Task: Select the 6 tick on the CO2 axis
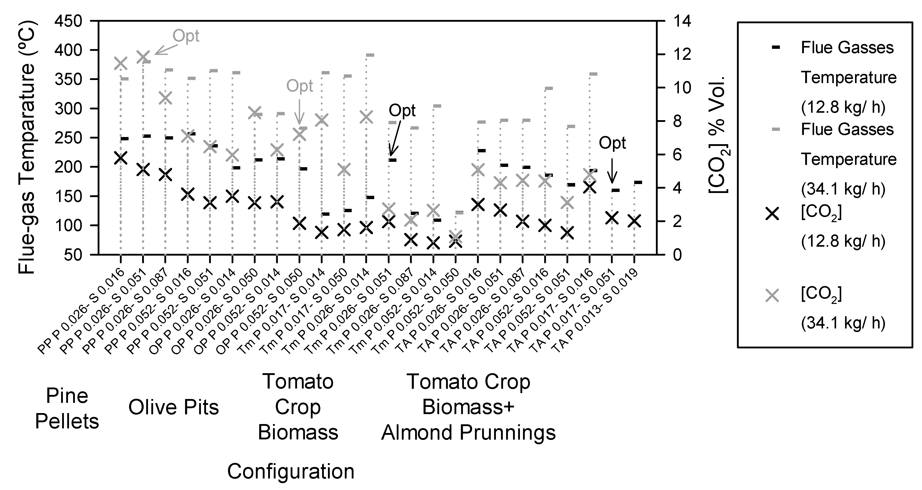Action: [x=678, y=155]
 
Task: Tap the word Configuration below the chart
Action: [x=291, y=471]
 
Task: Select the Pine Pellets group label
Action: [x=67, y=409]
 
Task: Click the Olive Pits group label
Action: [x=174, y=407]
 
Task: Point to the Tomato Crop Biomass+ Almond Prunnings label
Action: [x=468, y=407]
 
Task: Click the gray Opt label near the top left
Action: [x=186, y=36]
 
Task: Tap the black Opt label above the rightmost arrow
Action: [x=612, y=143]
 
